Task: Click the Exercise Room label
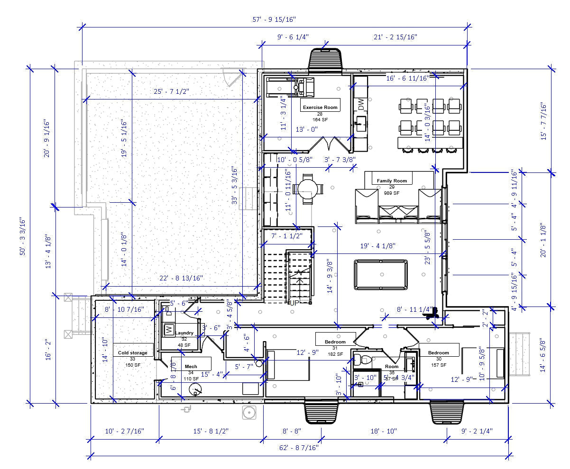(x=320, y=107)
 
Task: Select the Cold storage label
(x=132, y=352)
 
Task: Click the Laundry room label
(x=184, y=333)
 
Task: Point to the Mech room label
(x=191, y=366)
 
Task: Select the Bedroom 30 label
(x=438, y=352)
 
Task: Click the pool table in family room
(x=380, y=274)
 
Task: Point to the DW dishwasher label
(x=360, y=104)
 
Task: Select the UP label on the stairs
(x=294, y=302)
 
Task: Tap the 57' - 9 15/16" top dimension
(x=274, y=19)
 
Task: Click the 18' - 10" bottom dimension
(x=383, y=431)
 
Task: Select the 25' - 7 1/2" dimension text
(x=171, y=92)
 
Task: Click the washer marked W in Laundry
(x=168, y=329)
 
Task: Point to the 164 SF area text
(x=320, y=119)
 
